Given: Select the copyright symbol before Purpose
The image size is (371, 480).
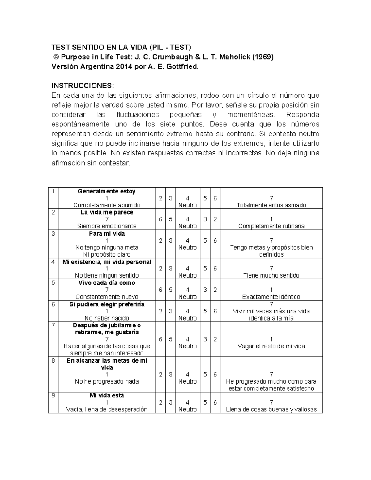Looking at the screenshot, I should pos(56,57).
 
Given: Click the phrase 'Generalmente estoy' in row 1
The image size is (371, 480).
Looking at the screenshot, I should pos(107,191).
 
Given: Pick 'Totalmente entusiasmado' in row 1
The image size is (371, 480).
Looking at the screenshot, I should pos(271,205).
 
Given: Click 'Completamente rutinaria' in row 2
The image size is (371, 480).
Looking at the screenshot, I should pos(271,226).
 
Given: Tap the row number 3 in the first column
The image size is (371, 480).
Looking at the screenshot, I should pos(53,234).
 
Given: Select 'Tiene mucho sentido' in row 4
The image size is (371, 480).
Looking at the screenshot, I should pos(271,275).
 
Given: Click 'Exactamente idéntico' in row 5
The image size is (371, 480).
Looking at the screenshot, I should pos(271,297).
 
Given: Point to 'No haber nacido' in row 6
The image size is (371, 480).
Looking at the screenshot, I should pos(107,318).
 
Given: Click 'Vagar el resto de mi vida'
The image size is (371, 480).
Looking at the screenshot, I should pos(271,346).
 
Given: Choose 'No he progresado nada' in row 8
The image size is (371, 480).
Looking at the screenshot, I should pos(107,381).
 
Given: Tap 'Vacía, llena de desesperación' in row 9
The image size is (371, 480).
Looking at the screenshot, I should pos(107,410).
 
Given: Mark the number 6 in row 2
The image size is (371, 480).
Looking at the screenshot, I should pos(160,219).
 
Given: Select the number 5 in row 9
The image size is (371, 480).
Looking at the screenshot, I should pos(205,402).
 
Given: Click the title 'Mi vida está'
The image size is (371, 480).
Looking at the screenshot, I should pos(107,396).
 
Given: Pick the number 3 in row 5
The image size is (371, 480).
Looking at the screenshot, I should pos(205,290).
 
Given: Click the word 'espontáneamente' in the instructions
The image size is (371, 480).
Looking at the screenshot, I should pos(80,124).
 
